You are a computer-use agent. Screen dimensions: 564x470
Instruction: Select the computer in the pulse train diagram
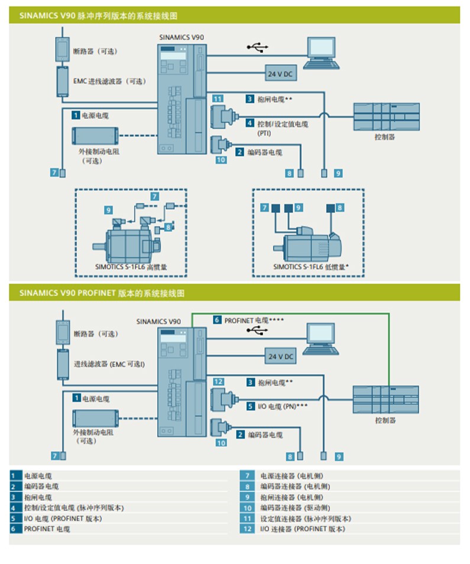coord(323,53)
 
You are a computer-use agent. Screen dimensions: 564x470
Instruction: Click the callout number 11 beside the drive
coord(218,99)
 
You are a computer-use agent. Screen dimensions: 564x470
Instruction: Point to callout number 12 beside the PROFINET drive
coord(218,382)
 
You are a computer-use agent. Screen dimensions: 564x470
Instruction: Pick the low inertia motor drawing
coord(307,242)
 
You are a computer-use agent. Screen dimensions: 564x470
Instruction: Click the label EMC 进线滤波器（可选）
coord(109,81)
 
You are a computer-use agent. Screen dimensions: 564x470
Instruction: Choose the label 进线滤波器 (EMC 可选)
coord(109,364)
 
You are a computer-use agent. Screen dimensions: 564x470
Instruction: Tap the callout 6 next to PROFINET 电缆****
coord(218,320)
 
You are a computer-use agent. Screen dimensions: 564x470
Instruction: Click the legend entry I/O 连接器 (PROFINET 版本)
coord(302,529)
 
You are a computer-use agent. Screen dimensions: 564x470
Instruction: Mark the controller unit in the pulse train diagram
coord(386,117)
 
